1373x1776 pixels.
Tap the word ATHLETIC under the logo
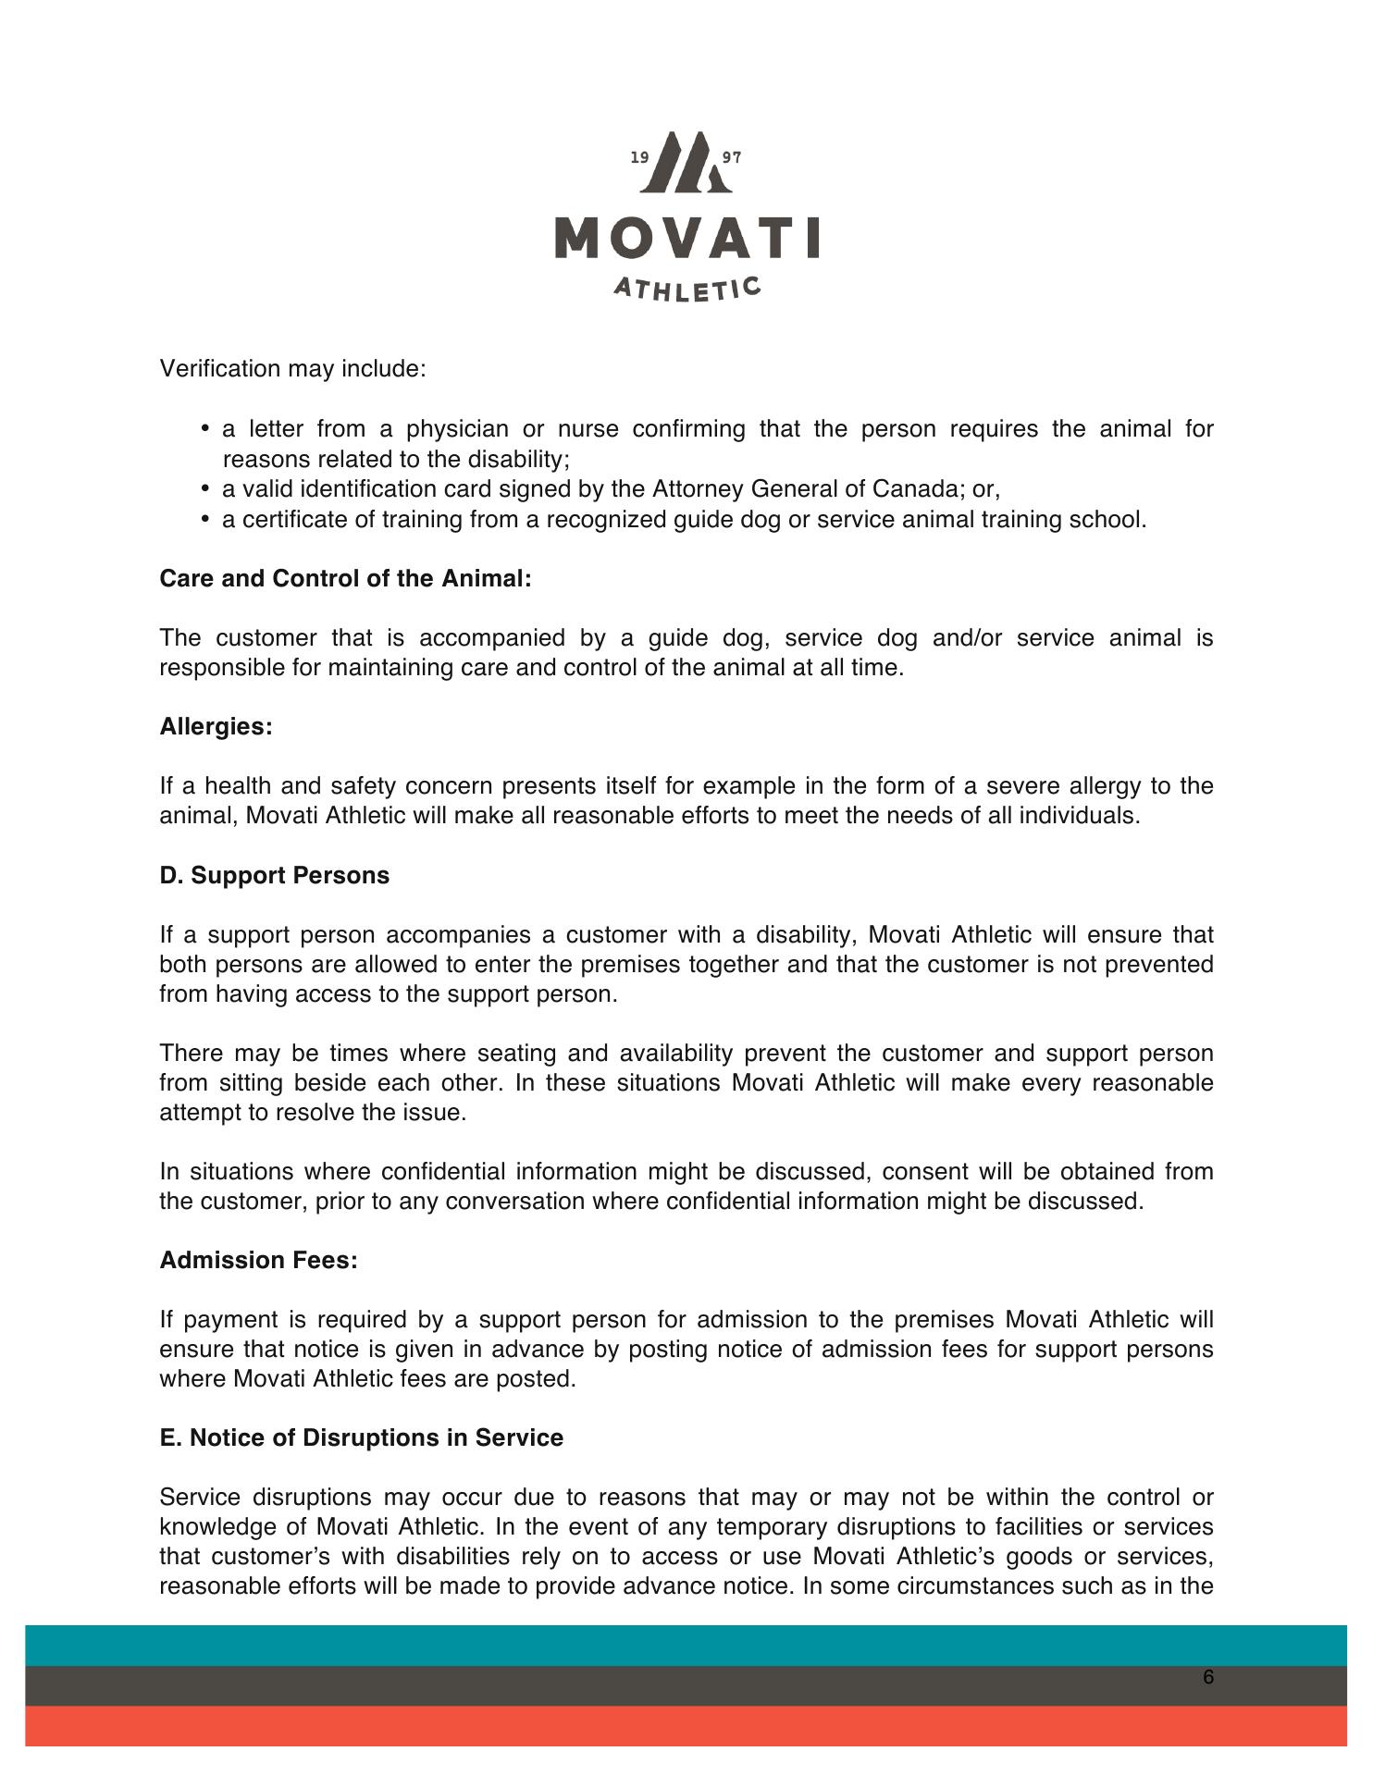click(x=686, y=289)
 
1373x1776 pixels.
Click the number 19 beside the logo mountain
click(x=639, y=158)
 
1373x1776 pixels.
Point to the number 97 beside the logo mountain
click(x=732, y=158)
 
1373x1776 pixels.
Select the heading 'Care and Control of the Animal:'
click(x=345, y=579)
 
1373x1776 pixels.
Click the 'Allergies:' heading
click(x=216, y=727)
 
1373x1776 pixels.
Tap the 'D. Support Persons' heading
click(x=274, y=875)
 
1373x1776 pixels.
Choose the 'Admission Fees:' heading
click(x=258, y=1261)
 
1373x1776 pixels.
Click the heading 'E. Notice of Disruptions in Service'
click(x=361, y=1438)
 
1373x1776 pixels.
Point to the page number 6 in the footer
click(x=1208, y=1678)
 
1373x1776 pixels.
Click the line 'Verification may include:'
click(x=292, y=369)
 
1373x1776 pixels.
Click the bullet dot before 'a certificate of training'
click(x=204, y=520)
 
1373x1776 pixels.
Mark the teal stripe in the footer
click(x=686, y=1646)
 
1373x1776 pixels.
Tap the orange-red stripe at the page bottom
click(x=686, y=1726)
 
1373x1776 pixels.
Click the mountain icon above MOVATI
click(x=686, y=163)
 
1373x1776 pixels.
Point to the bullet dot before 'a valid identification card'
click(x=204, y=489)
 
